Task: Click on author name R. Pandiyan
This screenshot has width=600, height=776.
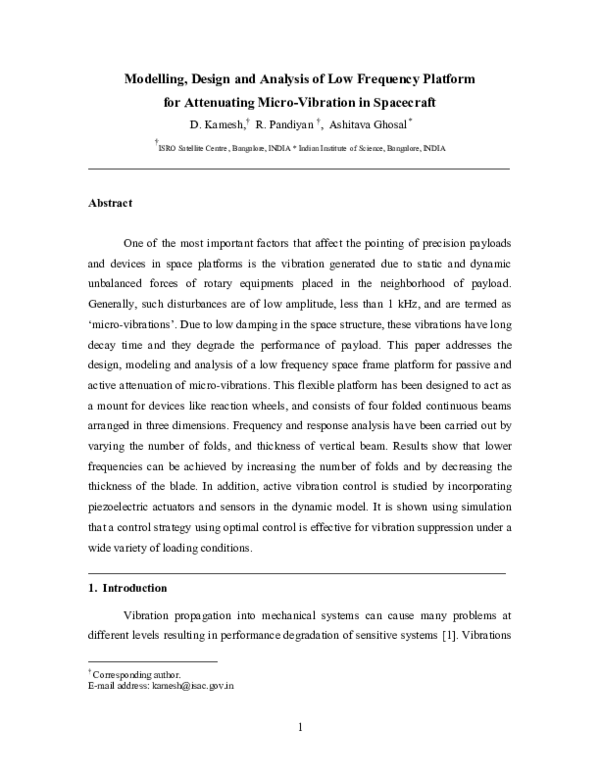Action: (285, 125)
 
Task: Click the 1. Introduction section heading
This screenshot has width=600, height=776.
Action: (128, 588)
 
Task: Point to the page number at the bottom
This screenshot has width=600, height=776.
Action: (300, 727)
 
